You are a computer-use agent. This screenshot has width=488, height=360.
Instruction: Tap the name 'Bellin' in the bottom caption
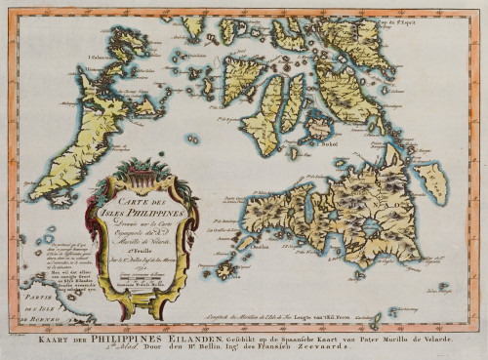coord(202,348)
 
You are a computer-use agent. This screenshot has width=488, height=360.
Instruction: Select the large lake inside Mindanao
coord(371,226)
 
